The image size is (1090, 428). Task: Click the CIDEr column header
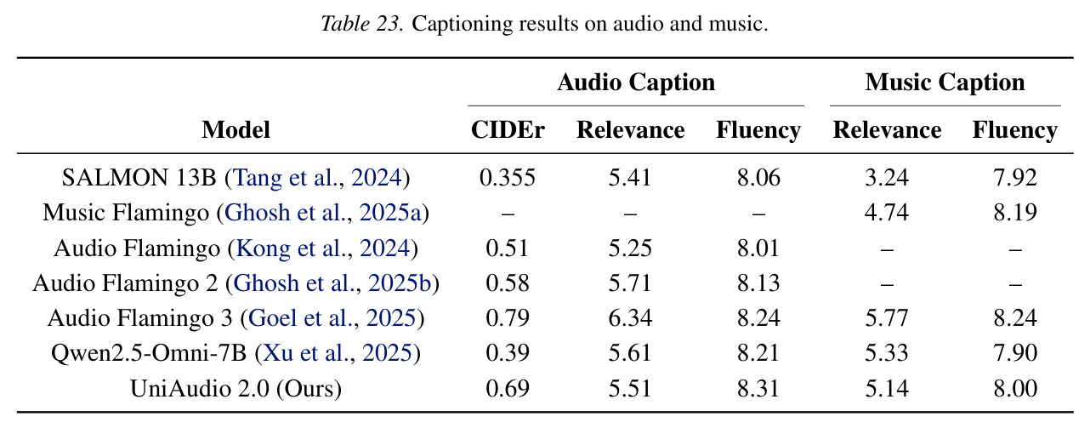[508, 130]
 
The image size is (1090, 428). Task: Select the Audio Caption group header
[636, 83]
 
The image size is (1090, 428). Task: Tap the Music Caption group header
[945, 83]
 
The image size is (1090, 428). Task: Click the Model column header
[236, 130]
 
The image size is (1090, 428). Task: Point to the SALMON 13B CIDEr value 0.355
[508, 177]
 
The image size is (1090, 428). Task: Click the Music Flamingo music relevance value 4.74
[887, 212]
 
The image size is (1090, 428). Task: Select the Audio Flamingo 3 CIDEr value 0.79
[508, 318]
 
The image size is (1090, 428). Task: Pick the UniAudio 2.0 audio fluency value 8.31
[758, 389]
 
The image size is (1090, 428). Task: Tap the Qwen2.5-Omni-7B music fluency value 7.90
[1015, 353]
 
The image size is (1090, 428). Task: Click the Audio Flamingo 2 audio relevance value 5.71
[630, 282]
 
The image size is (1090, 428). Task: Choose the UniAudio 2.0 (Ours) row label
[236, 389]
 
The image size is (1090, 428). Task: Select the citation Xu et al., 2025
[338, 353]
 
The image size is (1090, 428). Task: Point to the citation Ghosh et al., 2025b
[332, 282]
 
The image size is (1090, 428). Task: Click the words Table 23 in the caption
[362, 23]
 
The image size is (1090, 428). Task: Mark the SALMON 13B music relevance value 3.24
[887, 177]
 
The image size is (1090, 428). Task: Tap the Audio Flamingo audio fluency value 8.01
[758, 248]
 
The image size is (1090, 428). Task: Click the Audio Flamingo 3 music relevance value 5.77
[887, 318]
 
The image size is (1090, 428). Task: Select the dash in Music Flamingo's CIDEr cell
[508, 214]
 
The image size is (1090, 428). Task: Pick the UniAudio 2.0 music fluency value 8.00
[1015, 389]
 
